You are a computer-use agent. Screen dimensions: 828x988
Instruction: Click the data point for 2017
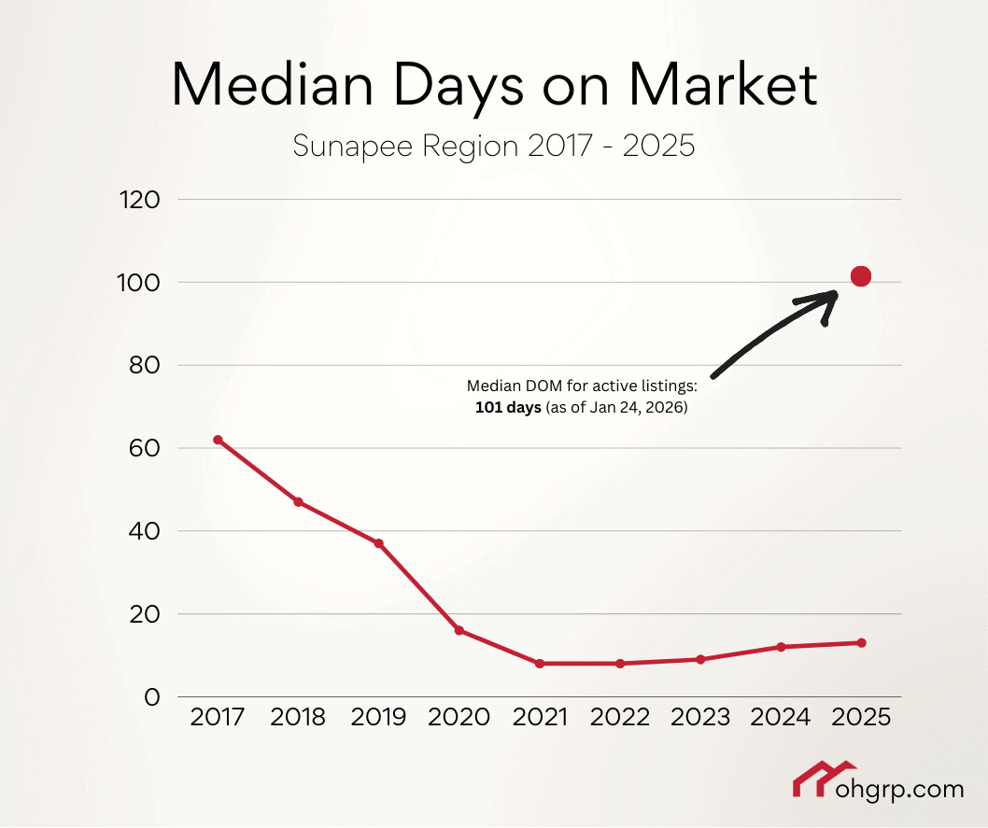(x=218, y=440)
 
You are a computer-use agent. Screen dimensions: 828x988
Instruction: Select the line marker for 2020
(x=459, y=631)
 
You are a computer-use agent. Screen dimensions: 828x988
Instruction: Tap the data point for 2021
(x=540, y=664)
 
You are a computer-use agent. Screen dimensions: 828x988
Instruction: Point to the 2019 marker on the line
(x=379, y=543)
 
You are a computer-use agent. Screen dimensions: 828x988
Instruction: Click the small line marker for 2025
(x=861, y=643)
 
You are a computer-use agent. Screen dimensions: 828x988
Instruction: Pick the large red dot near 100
(x=861, y=276)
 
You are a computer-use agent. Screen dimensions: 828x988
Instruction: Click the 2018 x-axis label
(x=298, y=718)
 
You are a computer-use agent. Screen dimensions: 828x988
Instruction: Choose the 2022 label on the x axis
(x=620, y=718)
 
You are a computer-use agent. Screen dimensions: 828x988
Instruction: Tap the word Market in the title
(x=723, y=86)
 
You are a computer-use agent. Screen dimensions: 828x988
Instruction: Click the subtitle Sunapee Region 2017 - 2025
(x=494, y=147)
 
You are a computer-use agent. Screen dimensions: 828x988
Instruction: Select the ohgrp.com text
(x=896, y=790)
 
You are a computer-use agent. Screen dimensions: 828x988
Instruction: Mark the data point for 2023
(x=700, y=660)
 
